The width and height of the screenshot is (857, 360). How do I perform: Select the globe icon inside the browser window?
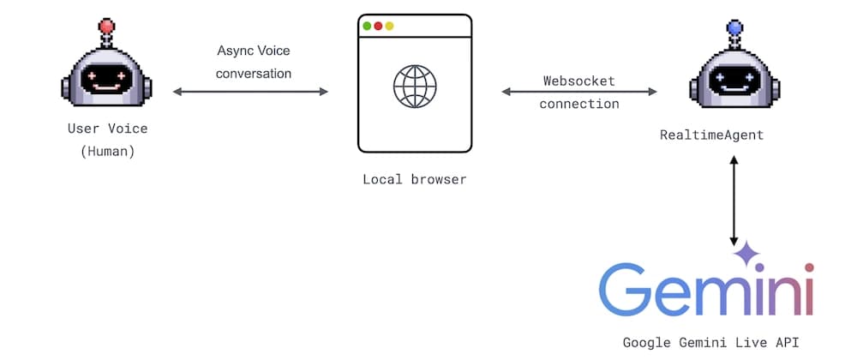415,85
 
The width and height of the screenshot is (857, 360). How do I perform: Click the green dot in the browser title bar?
368,26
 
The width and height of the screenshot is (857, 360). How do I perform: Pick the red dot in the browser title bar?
378,26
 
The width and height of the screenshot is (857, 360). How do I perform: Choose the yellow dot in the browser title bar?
389,26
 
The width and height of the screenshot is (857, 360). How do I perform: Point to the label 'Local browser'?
415,179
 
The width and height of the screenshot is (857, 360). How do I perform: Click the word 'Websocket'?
579,81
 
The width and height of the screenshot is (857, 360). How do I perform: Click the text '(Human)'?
108,152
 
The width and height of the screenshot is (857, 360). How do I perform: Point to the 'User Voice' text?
108,129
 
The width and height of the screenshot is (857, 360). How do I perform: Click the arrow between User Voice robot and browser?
250,92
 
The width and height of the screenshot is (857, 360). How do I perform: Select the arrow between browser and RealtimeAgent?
579,92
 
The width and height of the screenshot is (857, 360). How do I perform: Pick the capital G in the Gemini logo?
629,291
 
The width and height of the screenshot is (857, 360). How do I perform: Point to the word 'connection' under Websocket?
579,104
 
